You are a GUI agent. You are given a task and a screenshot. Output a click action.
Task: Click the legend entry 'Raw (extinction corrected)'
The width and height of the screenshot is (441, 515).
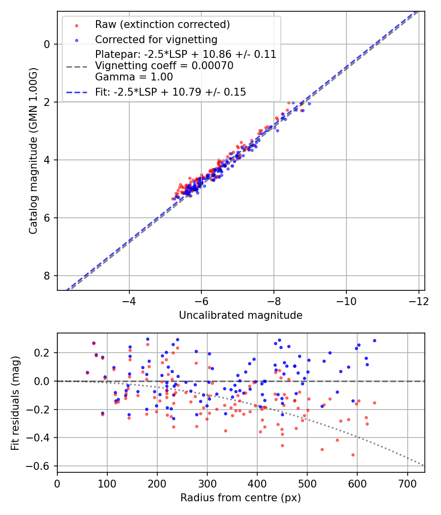coord(156,25)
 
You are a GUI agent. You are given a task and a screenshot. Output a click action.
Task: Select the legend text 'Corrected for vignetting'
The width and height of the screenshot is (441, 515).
coord(156,39)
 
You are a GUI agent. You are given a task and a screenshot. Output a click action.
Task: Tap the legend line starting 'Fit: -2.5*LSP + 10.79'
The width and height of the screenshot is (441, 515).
coord(170,92)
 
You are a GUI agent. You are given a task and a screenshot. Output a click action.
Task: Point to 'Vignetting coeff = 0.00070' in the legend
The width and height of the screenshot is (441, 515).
coord(164,66)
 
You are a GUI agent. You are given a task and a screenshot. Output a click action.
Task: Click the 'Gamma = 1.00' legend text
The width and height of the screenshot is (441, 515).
coord(134,77)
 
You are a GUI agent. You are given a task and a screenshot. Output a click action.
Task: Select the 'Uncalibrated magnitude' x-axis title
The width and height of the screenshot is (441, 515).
coord(241,315)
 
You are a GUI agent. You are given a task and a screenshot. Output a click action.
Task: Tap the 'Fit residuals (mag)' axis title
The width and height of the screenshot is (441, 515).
coord(16,402)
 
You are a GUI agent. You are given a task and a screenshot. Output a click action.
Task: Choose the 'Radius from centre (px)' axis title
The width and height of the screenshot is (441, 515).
coord(241,498)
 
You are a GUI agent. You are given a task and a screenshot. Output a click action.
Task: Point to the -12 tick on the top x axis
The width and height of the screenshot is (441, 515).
coord(418,300)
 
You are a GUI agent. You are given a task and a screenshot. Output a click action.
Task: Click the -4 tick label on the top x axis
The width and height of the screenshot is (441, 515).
coord(129,300)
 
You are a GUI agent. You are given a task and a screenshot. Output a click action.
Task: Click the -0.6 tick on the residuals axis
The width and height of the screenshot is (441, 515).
coord(41,465)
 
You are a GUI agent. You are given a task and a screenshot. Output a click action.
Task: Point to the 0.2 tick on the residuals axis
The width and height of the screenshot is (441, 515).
coord(44,353)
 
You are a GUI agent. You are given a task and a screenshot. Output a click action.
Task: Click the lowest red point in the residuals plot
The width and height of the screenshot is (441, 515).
coord(353,455)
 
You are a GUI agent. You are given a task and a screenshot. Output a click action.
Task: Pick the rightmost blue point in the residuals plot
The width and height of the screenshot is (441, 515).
coord(374,340)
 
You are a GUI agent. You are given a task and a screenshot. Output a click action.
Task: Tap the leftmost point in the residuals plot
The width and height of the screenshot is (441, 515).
coord(87,373)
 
